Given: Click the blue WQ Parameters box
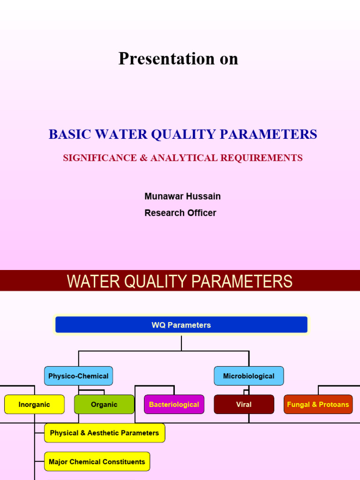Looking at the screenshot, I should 181,325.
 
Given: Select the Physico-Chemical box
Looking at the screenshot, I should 78,376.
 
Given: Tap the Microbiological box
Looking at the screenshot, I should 248,376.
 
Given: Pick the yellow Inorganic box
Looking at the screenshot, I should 34,405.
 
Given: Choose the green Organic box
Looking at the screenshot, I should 104,405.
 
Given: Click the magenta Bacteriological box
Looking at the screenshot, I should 174,405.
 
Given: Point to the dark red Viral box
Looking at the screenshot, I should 244,405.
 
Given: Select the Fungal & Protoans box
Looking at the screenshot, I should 318,405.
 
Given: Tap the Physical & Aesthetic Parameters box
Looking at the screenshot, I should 105,433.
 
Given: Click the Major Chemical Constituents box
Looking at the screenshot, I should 97,462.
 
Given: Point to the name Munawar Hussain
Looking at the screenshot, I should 182,196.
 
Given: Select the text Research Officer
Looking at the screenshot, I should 180,213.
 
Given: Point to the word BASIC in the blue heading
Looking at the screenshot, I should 69,135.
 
